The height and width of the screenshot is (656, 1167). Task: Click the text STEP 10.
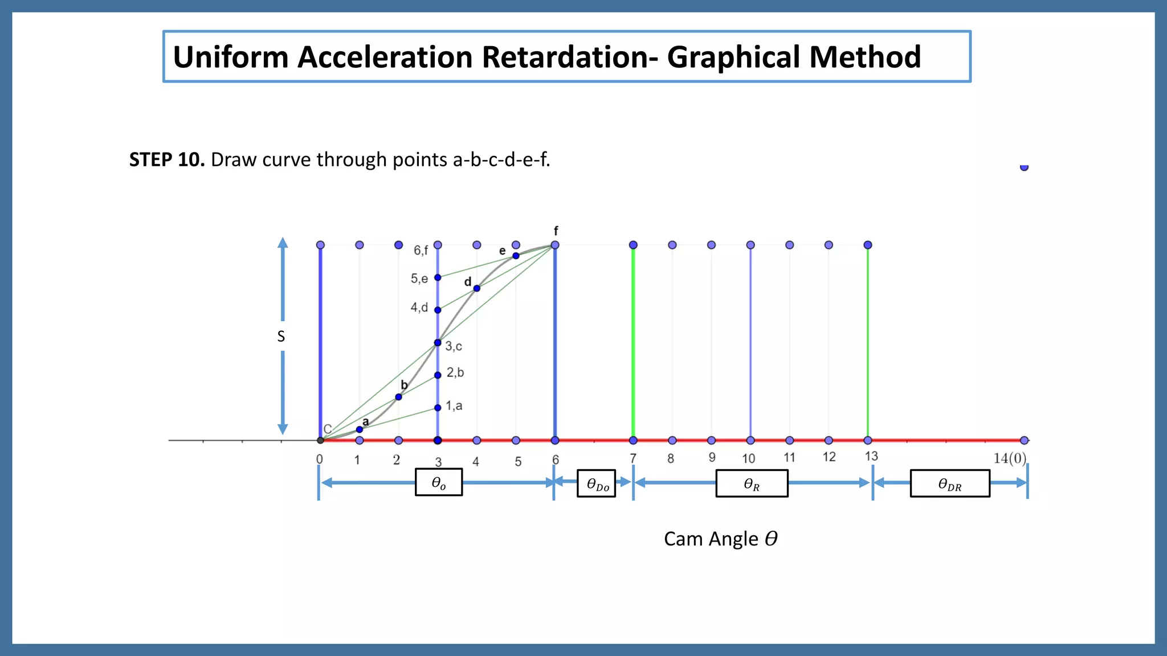tap(166, 160)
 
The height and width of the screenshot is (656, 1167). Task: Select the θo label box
tap(438, 483)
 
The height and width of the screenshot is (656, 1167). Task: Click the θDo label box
tap(597, 484)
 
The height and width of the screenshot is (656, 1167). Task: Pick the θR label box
tap(752, 484)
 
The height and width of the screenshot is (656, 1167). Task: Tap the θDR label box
tap(950, 484)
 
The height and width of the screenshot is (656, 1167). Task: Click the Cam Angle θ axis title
tap(720, 539)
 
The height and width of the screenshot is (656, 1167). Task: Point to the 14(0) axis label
tap(1009, 458)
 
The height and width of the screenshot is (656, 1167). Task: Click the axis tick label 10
tap(748, 458)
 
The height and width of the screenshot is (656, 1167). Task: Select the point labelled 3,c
tap(438, 343)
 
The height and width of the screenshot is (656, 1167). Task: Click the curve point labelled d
tap(477, 289)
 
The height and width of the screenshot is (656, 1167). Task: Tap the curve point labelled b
tap(398, 397)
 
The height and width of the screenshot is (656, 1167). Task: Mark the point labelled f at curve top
tap(555, 245)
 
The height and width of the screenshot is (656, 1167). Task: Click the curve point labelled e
tap(516, 256)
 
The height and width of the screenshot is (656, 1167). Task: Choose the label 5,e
tap(419, 278)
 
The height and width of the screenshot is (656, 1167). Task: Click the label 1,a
tap(454, 406)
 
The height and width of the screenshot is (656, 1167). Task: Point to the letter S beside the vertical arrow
tap(281, 337)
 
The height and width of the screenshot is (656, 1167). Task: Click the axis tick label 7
tap(633, 458)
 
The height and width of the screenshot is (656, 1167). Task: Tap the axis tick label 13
tap(871, 456)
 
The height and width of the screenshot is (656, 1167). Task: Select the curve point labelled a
tap(360, 429)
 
